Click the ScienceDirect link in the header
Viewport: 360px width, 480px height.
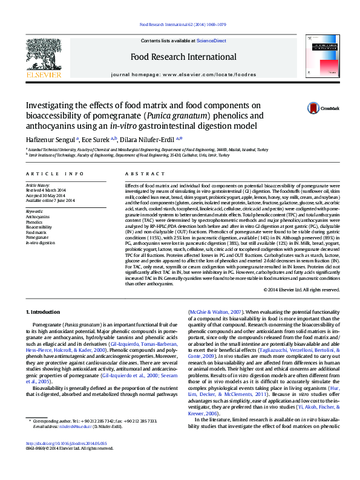211,41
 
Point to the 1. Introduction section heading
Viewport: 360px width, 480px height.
46,311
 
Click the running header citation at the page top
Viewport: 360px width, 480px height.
183,25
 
